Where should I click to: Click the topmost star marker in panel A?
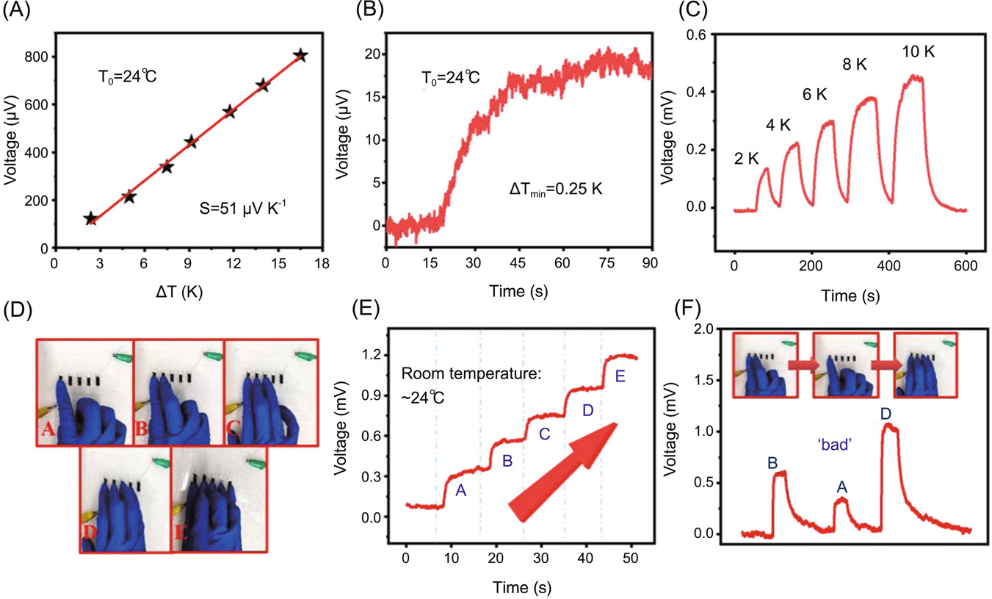300,56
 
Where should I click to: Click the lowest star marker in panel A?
90,218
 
